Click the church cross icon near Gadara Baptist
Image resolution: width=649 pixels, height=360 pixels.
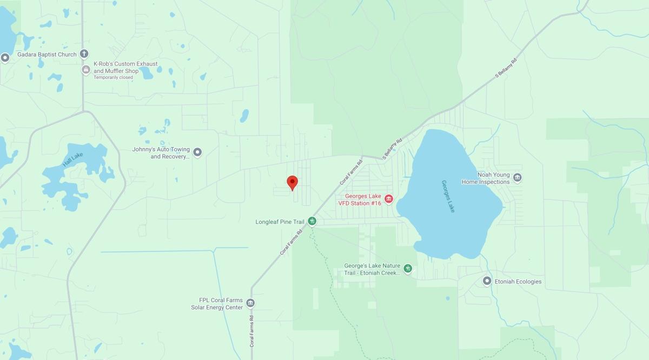tap(84, 54)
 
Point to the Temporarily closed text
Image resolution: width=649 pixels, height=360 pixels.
tap(113, 77)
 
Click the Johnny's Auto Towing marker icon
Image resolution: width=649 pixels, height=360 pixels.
tap(197, 152)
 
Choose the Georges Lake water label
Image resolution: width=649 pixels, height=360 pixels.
tap(448, 196)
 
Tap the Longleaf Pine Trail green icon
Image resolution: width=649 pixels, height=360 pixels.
tap(312, 221)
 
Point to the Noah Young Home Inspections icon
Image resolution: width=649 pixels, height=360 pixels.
tap(517, 177)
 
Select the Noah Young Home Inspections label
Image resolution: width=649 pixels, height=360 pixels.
tap(486, 178)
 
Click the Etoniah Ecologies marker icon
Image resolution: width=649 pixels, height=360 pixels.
tap(487, 281)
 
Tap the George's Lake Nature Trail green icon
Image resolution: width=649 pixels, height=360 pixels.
tap(408, 268)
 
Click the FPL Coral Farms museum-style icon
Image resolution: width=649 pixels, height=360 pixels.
tap(250, 303)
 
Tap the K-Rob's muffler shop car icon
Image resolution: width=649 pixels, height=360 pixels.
tap(85, 70)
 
